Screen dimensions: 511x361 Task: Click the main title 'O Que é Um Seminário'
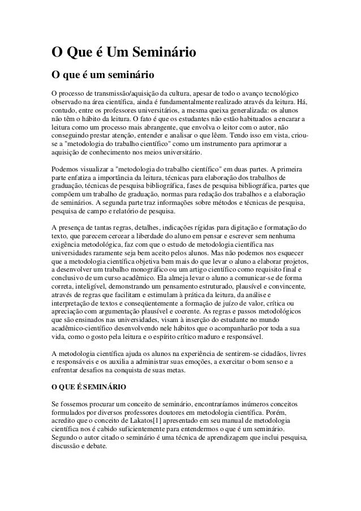(124, 53)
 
